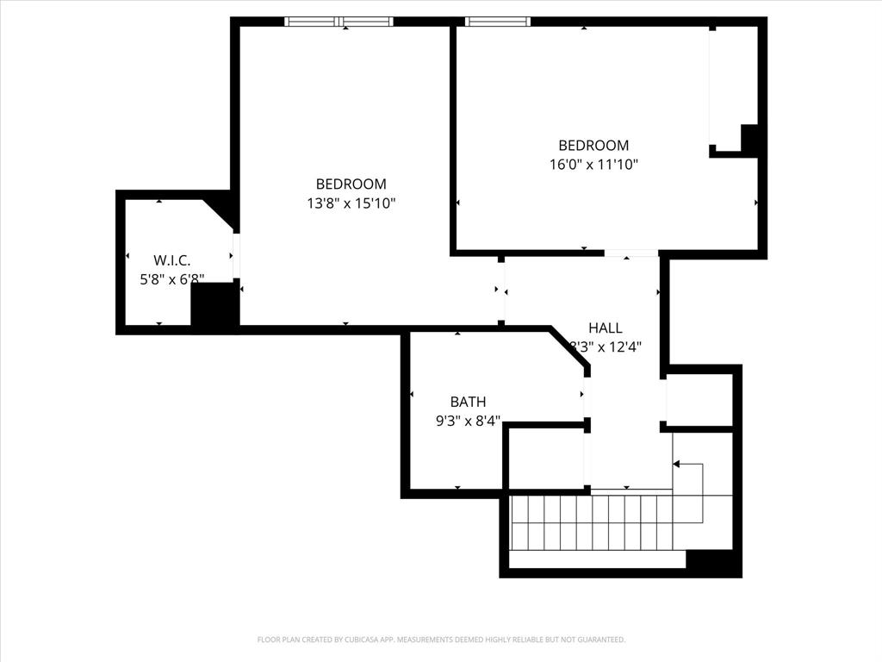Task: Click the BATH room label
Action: click(468, 402)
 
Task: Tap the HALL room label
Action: click(605, 328)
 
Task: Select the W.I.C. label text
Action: click(171, 259)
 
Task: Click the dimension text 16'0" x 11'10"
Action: click(593, 165)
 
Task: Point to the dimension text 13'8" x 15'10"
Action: click(351, 203)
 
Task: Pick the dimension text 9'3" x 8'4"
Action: click(468, 422)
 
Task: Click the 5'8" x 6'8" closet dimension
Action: click(171, 279)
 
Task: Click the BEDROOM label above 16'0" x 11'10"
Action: click(593, 146)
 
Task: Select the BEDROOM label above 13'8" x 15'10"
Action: click(351, 184)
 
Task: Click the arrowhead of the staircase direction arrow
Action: click(676, 465)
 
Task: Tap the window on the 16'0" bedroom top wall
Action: click(497, 22)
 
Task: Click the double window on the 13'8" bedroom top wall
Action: click(339, 22)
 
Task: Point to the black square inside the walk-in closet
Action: click(214, 305)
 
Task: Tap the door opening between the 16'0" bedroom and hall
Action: click(630, 253)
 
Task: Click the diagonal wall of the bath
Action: click(569, 349)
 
